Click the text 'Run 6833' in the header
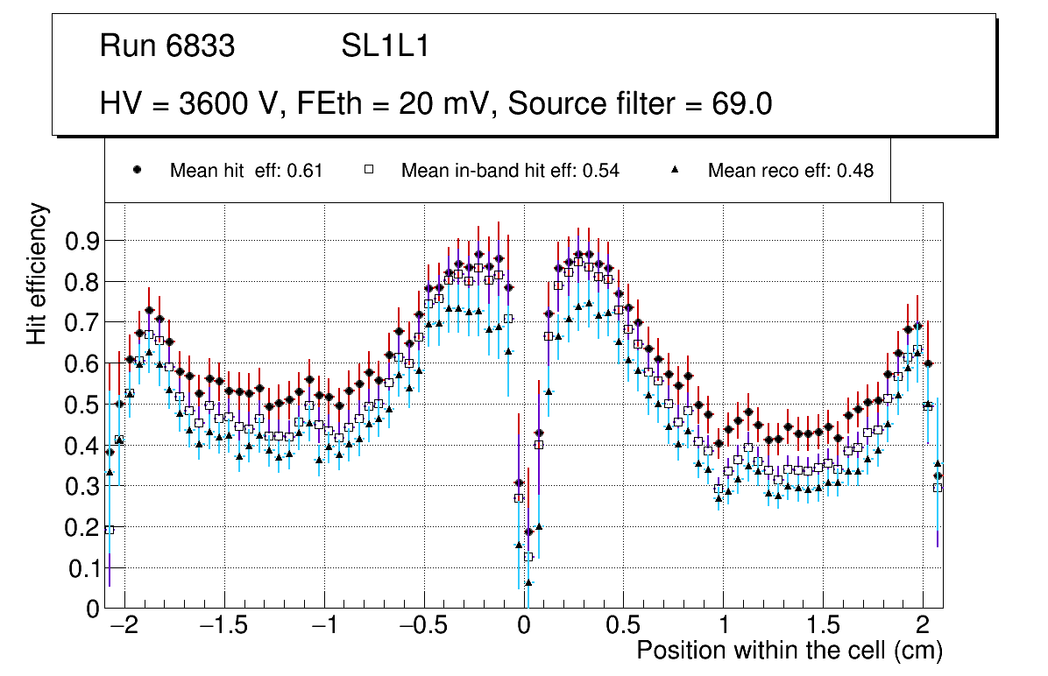click(167, 46)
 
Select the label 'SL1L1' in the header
click(385, 46)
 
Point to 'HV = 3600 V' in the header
click(192, 104)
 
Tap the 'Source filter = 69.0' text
click(640, 104)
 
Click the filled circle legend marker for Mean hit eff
click(136, 170)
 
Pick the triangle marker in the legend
click(676, 170)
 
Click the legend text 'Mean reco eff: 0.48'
click(790, 171)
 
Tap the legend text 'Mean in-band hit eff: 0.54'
click(510, 171)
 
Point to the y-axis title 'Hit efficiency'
click(38, 273)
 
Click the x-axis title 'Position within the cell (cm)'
click(789, 651)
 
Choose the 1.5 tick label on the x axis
click(823, 628)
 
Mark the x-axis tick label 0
click(523, 628)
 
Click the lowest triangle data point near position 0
click(528, 582)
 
